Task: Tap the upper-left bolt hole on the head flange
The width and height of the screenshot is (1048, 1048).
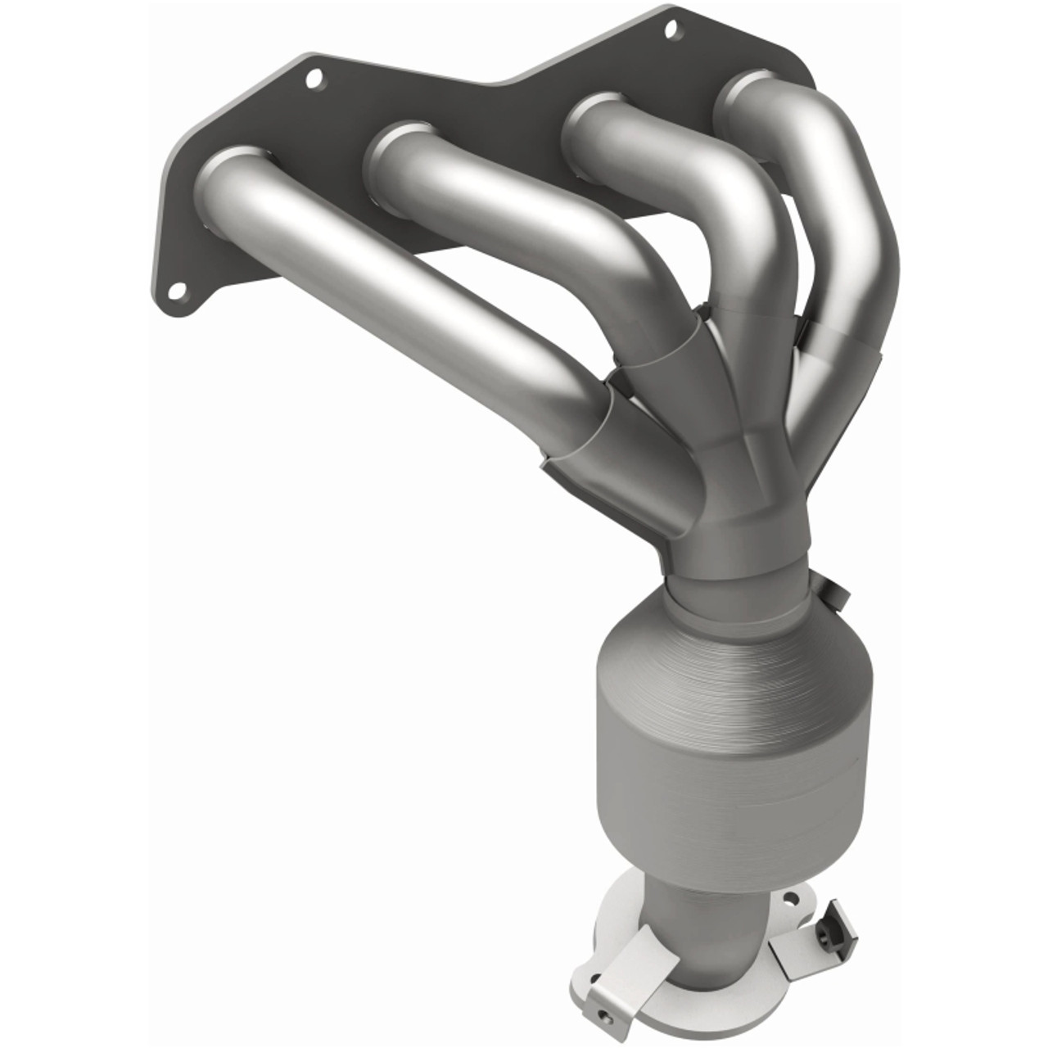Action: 314,79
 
